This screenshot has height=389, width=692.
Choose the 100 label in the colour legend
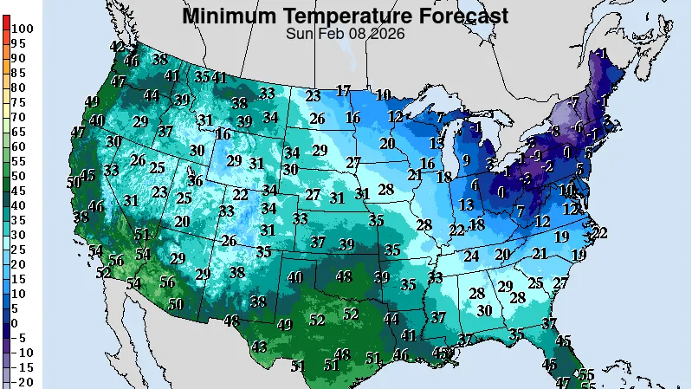(x=23, y=29)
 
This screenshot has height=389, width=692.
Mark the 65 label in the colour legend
(x=18, y=132)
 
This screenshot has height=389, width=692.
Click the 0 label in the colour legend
(x=15, y=323)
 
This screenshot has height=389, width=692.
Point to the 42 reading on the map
(x=117, y=46)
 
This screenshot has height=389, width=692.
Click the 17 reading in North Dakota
(x=344, y=90)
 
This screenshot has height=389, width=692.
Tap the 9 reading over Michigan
(x=465, y=159)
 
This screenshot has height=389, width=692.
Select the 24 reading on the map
(x=471, y=256)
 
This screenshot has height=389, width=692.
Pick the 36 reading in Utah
(x=196, y=180)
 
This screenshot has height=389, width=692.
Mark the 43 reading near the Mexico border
(x=259, y=347)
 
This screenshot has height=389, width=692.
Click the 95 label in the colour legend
(x=18, y=43)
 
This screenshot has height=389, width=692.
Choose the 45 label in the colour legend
(x=18, y=191)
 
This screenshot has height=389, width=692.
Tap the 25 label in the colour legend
(x=18, y=250)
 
